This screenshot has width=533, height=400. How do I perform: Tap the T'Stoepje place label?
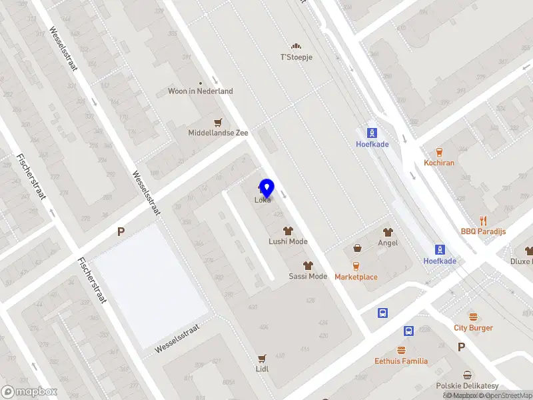pos(296,57)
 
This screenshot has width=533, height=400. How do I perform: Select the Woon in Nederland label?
pos(201,91)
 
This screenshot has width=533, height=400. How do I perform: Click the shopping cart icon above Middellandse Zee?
pos(218,122)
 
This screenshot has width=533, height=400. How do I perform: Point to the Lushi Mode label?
pos(288,241)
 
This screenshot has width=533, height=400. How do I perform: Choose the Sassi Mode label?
pos(308,276)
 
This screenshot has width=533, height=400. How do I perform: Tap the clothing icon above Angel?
pos(388,232)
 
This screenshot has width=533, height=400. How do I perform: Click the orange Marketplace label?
pos(356,277)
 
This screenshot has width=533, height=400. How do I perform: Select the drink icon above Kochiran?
pos(439,152)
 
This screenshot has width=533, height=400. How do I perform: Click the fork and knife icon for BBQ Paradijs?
pos(483,221)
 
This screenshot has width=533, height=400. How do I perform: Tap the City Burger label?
pos(474,327)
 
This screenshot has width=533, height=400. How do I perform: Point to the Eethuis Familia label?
pos(401,361)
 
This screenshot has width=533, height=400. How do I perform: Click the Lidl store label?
pos(262,368)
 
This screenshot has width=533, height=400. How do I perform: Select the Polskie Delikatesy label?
pos(468,386)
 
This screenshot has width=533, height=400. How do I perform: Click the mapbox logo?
pos(29,392)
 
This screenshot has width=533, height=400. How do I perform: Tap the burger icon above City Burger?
pos(474,317)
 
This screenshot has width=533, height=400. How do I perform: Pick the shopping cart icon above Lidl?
pos(262,358)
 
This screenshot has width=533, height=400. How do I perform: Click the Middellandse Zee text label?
pos(218,133)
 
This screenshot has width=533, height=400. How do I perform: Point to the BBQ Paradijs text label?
pos(483,231)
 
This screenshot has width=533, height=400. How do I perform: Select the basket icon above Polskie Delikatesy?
pos(468,375)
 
